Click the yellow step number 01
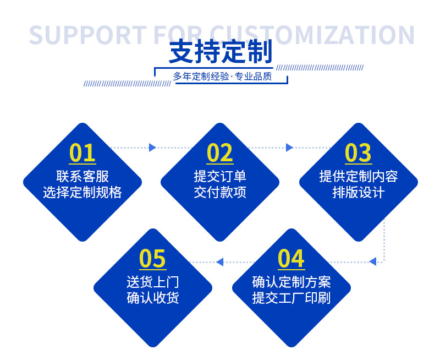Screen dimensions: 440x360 (82, 153)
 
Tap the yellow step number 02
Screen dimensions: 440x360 (220, 153)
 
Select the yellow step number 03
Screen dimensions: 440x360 (358, 153)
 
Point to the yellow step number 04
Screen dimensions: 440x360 (291, 259)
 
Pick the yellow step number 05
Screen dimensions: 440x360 (152, 259)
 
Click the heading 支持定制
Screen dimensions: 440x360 (221, 53)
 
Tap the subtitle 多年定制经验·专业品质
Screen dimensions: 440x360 (222, 77)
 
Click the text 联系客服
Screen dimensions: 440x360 (82, 176)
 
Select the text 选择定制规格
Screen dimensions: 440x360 (82, 192)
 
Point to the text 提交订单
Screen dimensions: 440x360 (220, 176)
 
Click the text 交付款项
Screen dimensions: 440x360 (220, 192)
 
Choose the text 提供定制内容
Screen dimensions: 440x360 (358, 176)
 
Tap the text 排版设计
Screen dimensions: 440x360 (358, 192)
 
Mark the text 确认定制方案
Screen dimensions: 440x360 (291, 282)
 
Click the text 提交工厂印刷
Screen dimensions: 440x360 (291, 298)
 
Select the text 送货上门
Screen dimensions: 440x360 (152, 282)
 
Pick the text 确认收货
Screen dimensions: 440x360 (152, 298)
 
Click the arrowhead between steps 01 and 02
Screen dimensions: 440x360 (152, 148)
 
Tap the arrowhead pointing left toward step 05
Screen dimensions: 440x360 (220, 261)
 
